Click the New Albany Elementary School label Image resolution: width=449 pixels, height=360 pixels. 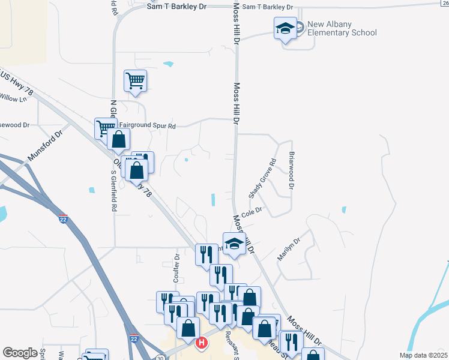342,28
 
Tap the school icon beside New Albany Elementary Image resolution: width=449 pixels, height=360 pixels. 285,28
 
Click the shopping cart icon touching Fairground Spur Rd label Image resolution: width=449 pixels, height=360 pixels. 104,127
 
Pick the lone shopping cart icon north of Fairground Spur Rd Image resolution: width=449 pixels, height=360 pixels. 135,80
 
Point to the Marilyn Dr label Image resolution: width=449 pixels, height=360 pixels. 288,248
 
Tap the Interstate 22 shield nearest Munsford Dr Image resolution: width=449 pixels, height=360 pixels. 63,220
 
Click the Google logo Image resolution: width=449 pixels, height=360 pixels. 20,353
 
